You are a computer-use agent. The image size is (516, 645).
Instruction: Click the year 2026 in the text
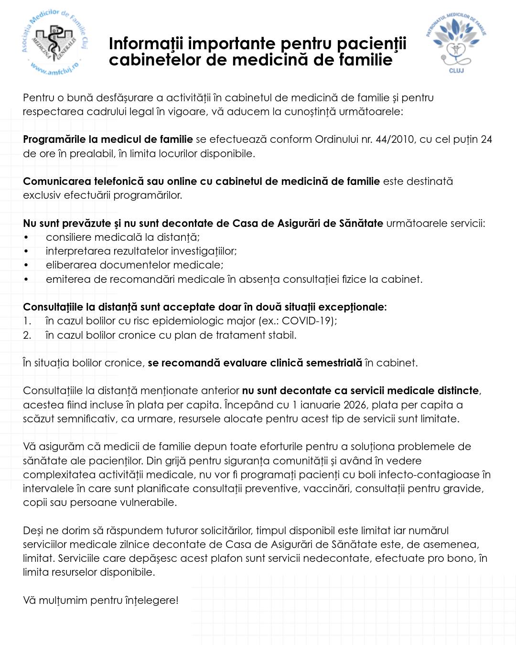click(355, 405)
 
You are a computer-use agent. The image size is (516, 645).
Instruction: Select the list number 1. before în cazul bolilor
click(27, 321)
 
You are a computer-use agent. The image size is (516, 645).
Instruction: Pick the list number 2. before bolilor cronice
click(27, 335)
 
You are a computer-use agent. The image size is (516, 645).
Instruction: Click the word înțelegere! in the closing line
click(151, 601)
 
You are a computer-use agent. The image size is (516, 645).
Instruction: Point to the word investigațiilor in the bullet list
click(204, 251)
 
